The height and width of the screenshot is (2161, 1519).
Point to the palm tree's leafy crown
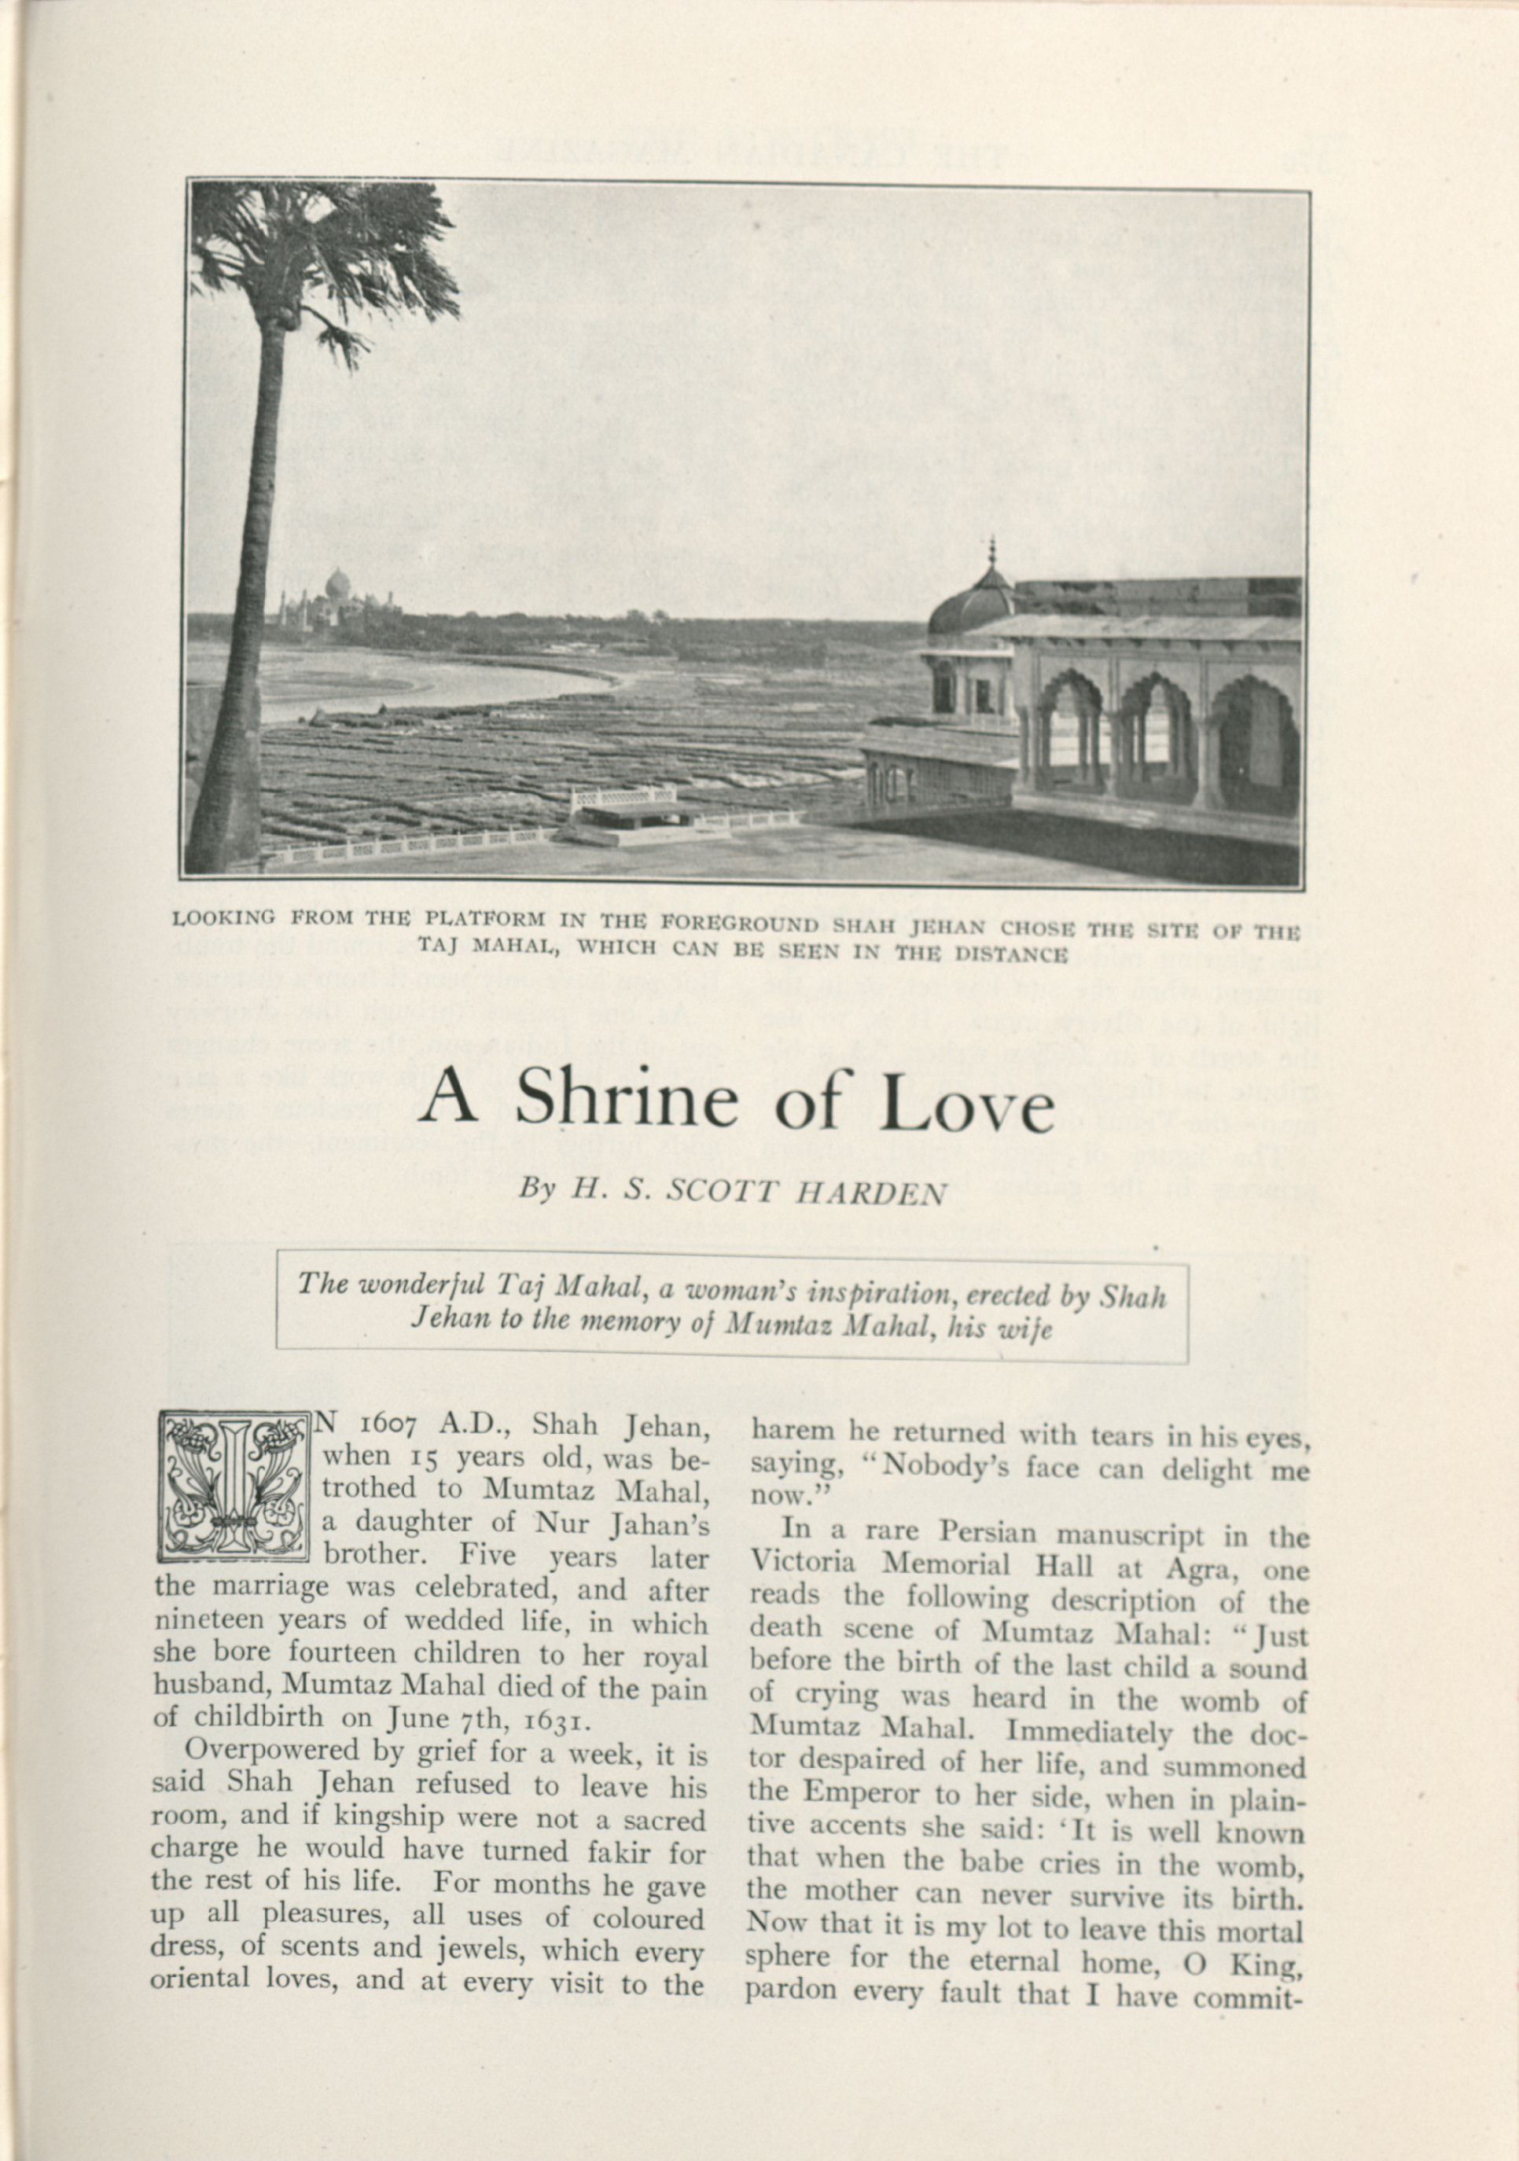click(320, 259)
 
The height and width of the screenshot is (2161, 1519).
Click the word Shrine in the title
click(626, 1102)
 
